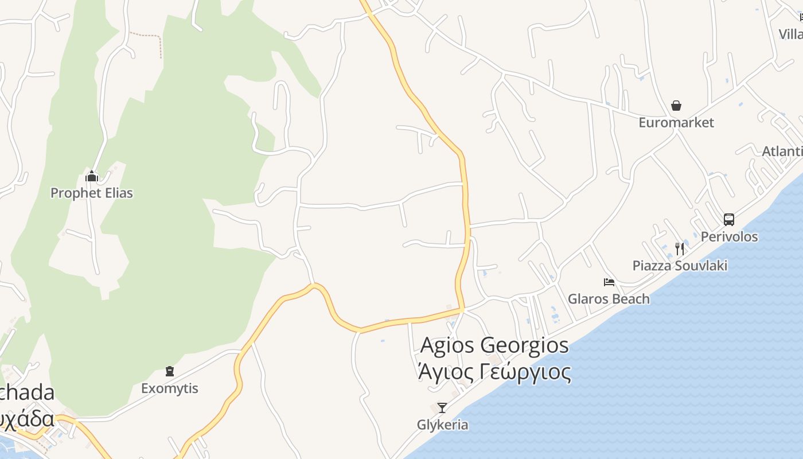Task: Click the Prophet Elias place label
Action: coord(92,193)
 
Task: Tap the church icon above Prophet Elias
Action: coord(92,176)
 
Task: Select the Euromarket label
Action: coord(676,122)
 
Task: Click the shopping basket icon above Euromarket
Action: coord(676,106)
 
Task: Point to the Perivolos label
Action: coord(729,236)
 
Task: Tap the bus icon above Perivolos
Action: coord(728,220)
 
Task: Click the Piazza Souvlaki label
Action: coord(680,265)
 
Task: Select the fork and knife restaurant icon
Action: coord(680,248)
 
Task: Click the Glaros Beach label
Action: coord(609,298)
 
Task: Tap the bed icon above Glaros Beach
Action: coord(609,282)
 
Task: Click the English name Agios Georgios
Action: coord(494,345)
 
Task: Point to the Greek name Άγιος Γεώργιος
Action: coord(494,372)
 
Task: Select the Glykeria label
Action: coord(442,425)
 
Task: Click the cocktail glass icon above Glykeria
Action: coord(442,408)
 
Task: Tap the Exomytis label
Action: coord(170,388)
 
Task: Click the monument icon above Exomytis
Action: coord(170,371)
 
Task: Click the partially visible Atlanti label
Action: coord(782,151)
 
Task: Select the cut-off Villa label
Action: coord(791,34)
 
